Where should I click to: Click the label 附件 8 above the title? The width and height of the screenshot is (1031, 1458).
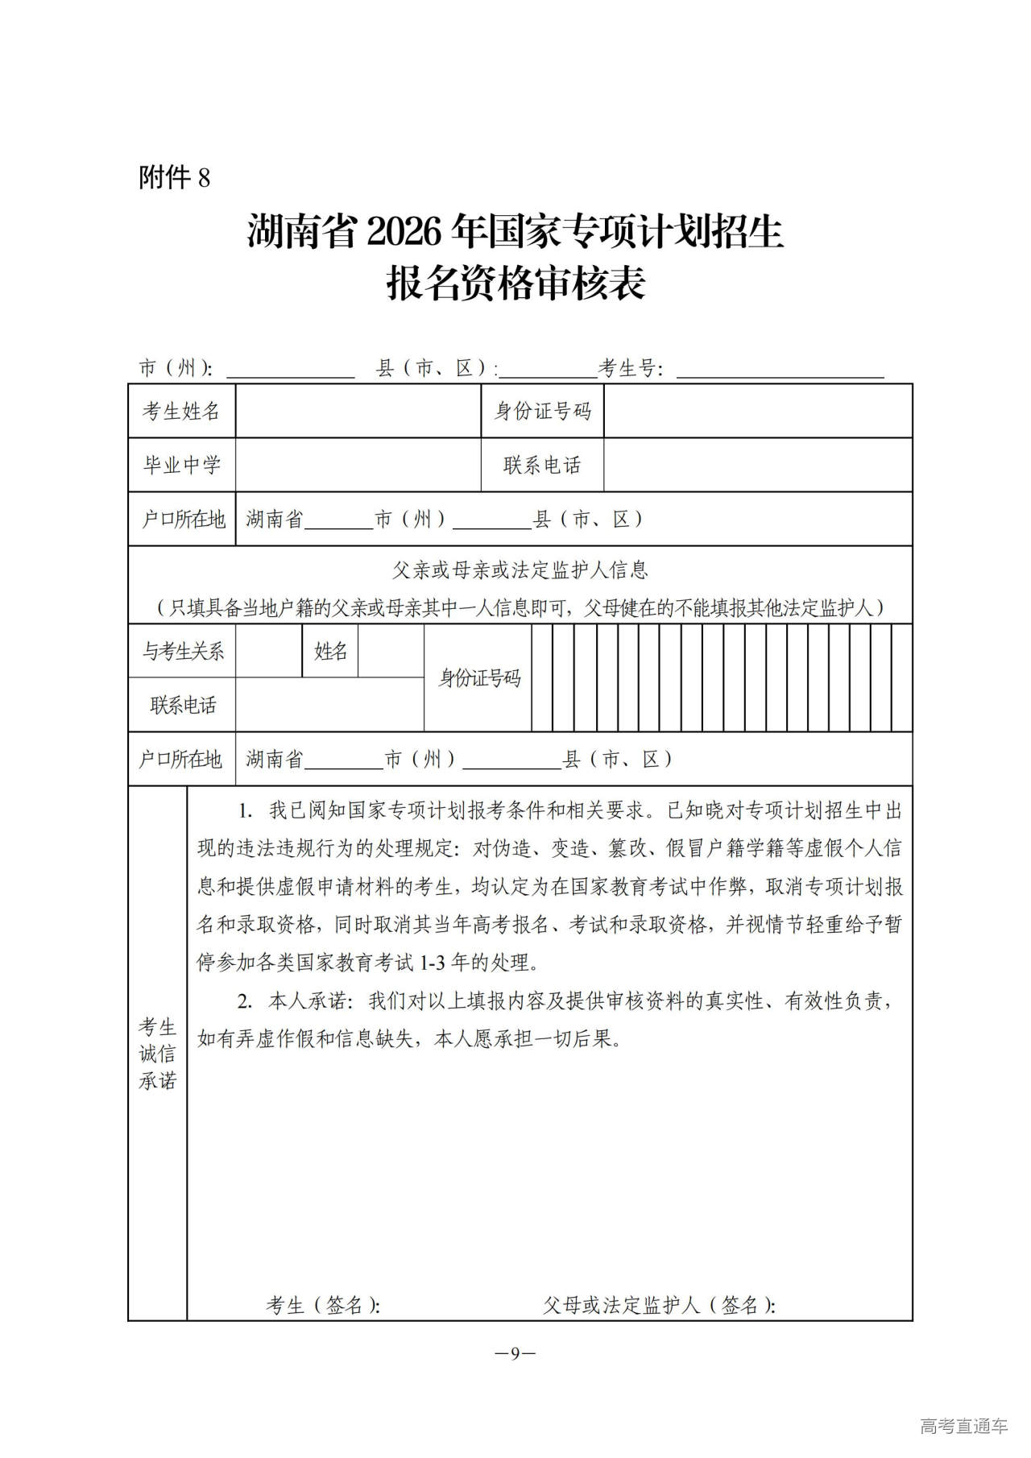[174, 177]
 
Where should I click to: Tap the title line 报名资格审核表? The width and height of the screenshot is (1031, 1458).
[515, 284]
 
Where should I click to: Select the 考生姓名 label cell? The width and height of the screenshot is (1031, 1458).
[181, 412]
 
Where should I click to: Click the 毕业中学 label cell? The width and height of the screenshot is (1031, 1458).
[181, 465]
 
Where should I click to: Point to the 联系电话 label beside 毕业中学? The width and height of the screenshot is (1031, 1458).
[542, 465]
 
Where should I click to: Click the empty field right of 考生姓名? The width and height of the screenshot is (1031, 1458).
[358, 412]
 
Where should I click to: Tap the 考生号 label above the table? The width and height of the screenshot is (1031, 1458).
[631, 369]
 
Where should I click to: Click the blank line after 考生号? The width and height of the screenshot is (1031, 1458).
[780, 371]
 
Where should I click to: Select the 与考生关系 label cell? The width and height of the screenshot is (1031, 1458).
[183, 651]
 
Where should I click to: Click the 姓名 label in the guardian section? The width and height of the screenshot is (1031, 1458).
[330, 651]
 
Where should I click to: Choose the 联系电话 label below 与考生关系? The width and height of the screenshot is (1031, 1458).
[183, 705]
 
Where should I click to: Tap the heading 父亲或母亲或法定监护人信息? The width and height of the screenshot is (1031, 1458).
[520, 570]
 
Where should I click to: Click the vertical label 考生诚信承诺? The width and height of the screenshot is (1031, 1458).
[157, 1054]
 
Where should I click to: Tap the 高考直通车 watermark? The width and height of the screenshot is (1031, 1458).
[963, 1426]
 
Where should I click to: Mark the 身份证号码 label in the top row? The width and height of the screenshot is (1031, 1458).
[542, 412]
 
